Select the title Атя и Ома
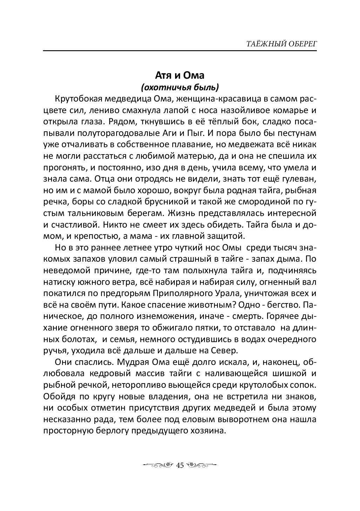click(179, 75)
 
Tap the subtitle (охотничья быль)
click(179, 87)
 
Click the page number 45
click(180, 465)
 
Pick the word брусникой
click(162, 202)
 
